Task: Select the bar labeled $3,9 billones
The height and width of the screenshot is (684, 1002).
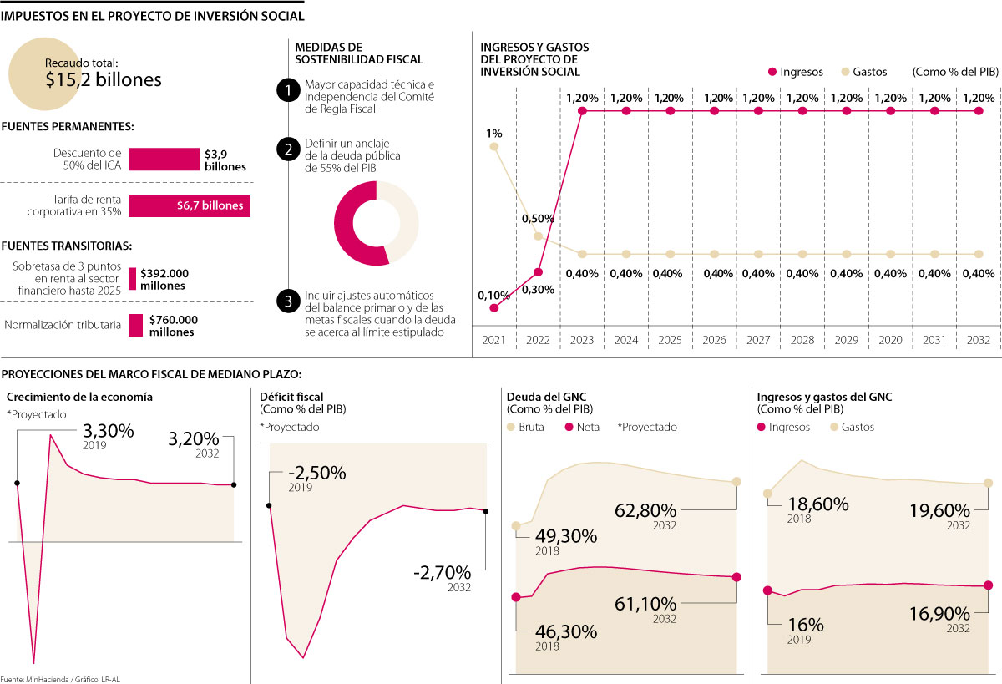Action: (164, 160)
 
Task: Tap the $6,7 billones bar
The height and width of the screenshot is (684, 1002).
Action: (189, 205)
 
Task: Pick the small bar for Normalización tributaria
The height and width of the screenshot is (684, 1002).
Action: (135, 325)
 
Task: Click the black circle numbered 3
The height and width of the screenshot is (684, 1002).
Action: (287, 301)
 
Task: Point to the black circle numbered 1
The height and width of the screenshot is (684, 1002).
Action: (287, 90)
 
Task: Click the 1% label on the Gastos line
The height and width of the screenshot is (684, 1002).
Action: (494, 133)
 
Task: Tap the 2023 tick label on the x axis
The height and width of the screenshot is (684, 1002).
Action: (581, 341)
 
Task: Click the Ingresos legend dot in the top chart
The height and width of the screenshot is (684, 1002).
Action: (772, 72)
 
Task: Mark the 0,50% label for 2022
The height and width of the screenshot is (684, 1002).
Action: (538, 219)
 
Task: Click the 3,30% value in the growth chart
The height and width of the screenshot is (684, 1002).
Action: (108, 431)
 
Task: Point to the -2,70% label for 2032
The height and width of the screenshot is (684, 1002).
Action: (442, 573)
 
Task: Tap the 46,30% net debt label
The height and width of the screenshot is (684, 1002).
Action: (567, 631)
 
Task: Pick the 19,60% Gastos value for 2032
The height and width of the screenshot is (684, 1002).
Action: (940, 510)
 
